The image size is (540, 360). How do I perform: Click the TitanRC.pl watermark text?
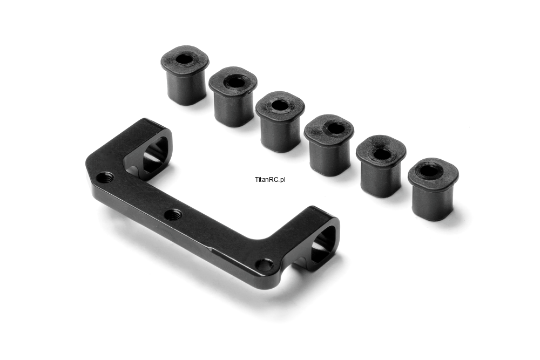click(x=271, y=179)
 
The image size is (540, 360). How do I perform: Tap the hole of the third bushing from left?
click(x=280, y=105)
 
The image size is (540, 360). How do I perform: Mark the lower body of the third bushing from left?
click(x=279, y=133)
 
